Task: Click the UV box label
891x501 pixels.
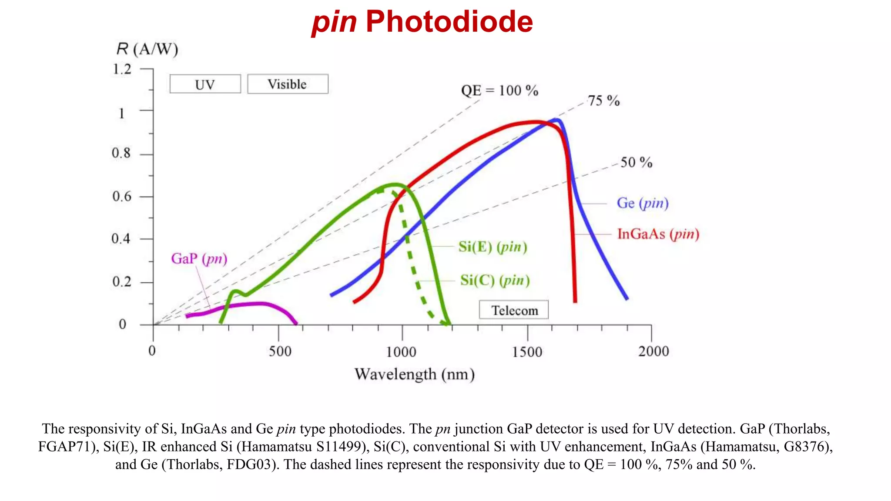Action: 205,84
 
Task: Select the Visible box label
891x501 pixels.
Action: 287,84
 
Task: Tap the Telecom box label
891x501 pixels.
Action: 514,310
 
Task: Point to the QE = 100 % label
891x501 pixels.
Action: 499,90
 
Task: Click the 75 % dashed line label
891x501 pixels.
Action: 603,101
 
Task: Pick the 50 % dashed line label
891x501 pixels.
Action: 636,163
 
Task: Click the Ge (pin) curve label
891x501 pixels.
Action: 643,203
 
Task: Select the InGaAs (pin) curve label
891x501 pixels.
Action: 658,234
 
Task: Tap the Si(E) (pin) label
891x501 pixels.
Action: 492,247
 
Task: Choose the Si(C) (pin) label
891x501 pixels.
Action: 495,280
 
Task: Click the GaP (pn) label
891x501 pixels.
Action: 199,259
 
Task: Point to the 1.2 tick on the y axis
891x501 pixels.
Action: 122,69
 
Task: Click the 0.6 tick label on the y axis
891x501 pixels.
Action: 121,197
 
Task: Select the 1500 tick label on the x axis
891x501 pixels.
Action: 527,351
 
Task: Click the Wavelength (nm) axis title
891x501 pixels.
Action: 414,374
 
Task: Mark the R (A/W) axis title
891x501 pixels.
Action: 147,49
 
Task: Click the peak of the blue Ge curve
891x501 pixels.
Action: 556,120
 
